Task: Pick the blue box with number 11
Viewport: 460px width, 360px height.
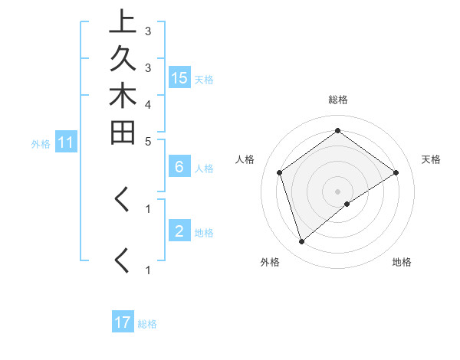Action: click(x=66, y=142)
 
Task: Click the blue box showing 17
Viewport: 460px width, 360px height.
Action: click(x=123, y=322)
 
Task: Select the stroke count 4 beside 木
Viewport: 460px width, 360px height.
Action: click(x=147, y=103)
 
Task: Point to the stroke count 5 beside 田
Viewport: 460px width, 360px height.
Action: click(x=147, y=141)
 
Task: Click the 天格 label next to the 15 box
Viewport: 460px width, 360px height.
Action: click(x=204, y=79)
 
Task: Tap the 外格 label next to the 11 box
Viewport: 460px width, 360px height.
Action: click(x=41, y=143)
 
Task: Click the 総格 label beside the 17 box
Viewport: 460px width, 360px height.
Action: click(x=147, y=324)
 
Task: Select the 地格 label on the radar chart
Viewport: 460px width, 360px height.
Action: click(x=402, y=262)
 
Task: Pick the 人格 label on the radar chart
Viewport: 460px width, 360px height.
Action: click(x=245, y=159)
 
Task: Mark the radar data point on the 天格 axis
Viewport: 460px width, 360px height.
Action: click(x=396, y=172)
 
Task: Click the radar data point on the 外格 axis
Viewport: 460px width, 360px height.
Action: click(x=302, y=242)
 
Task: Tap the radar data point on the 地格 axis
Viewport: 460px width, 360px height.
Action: click(x=347, y=204)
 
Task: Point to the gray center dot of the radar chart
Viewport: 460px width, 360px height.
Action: click(x=338, y=191)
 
